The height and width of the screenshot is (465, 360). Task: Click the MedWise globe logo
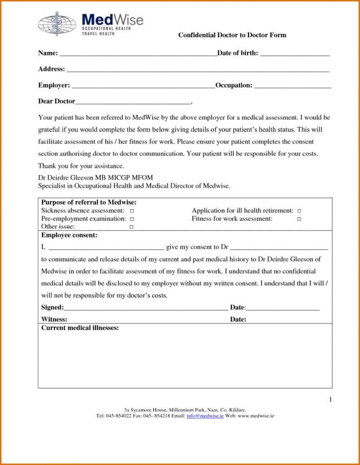[x=57, y=24]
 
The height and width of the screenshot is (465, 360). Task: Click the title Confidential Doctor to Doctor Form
[x=232, y=35]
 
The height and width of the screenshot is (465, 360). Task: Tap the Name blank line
[x=138, y=54]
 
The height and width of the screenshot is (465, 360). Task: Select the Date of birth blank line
[x=295, y=54]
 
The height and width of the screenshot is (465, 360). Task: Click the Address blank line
[x=197, y=71]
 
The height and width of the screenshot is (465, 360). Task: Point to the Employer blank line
[x=143, y=87]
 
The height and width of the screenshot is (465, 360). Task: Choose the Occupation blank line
[x=292, y=87]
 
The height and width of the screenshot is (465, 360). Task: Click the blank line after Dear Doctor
[x=133, y=103]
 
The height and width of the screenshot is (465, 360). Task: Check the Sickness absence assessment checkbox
[x=132, y=211]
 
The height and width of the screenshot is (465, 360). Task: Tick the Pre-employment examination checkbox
[x=132, y=219]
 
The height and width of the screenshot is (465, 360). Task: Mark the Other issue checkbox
[x=132, y=227]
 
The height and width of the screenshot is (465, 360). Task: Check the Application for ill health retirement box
[x=300, y=211]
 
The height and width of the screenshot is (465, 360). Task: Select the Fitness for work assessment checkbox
[x=300, y=219]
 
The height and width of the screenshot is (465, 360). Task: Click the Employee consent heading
[x=69, y=235]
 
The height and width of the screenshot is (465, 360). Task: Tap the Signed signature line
[x=146, y=309]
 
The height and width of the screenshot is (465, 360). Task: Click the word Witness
[x=54, y=319]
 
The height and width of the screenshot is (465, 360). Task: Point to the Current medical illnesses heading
[x=80, y=328]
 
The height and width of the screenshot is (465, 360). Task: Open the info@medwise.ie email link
[x=205, y=416]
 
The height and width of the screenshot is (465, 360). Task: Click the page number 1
[x=330, y=400]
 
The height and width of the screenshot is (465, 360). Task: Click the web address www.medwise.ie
[x=256, y=416]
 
